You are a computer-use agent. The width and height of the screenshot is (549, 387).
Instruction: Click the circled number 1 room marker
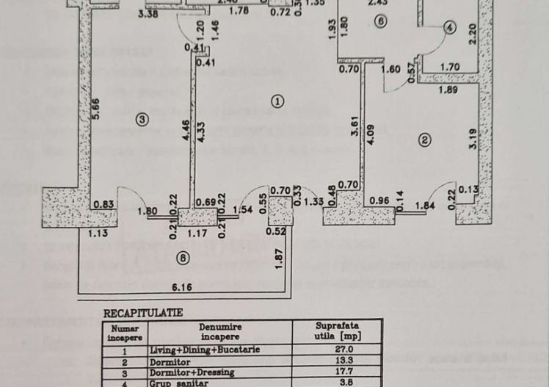point(277,102)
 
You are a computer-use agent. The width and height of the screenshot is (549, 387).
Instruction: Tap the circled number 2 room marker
point(423,140)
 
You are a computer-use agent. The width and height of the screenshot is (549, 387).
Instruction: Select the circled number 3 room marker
point(142,118)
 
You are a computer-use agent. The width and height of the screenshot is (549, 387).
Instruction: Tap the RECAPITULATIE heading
point(142,312)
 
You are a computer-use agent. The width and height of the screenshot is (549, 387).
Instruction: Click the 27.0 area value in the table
point(337,350)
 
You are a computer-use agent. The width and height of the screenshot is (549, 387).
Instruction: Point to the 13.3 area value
point(337,361)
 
